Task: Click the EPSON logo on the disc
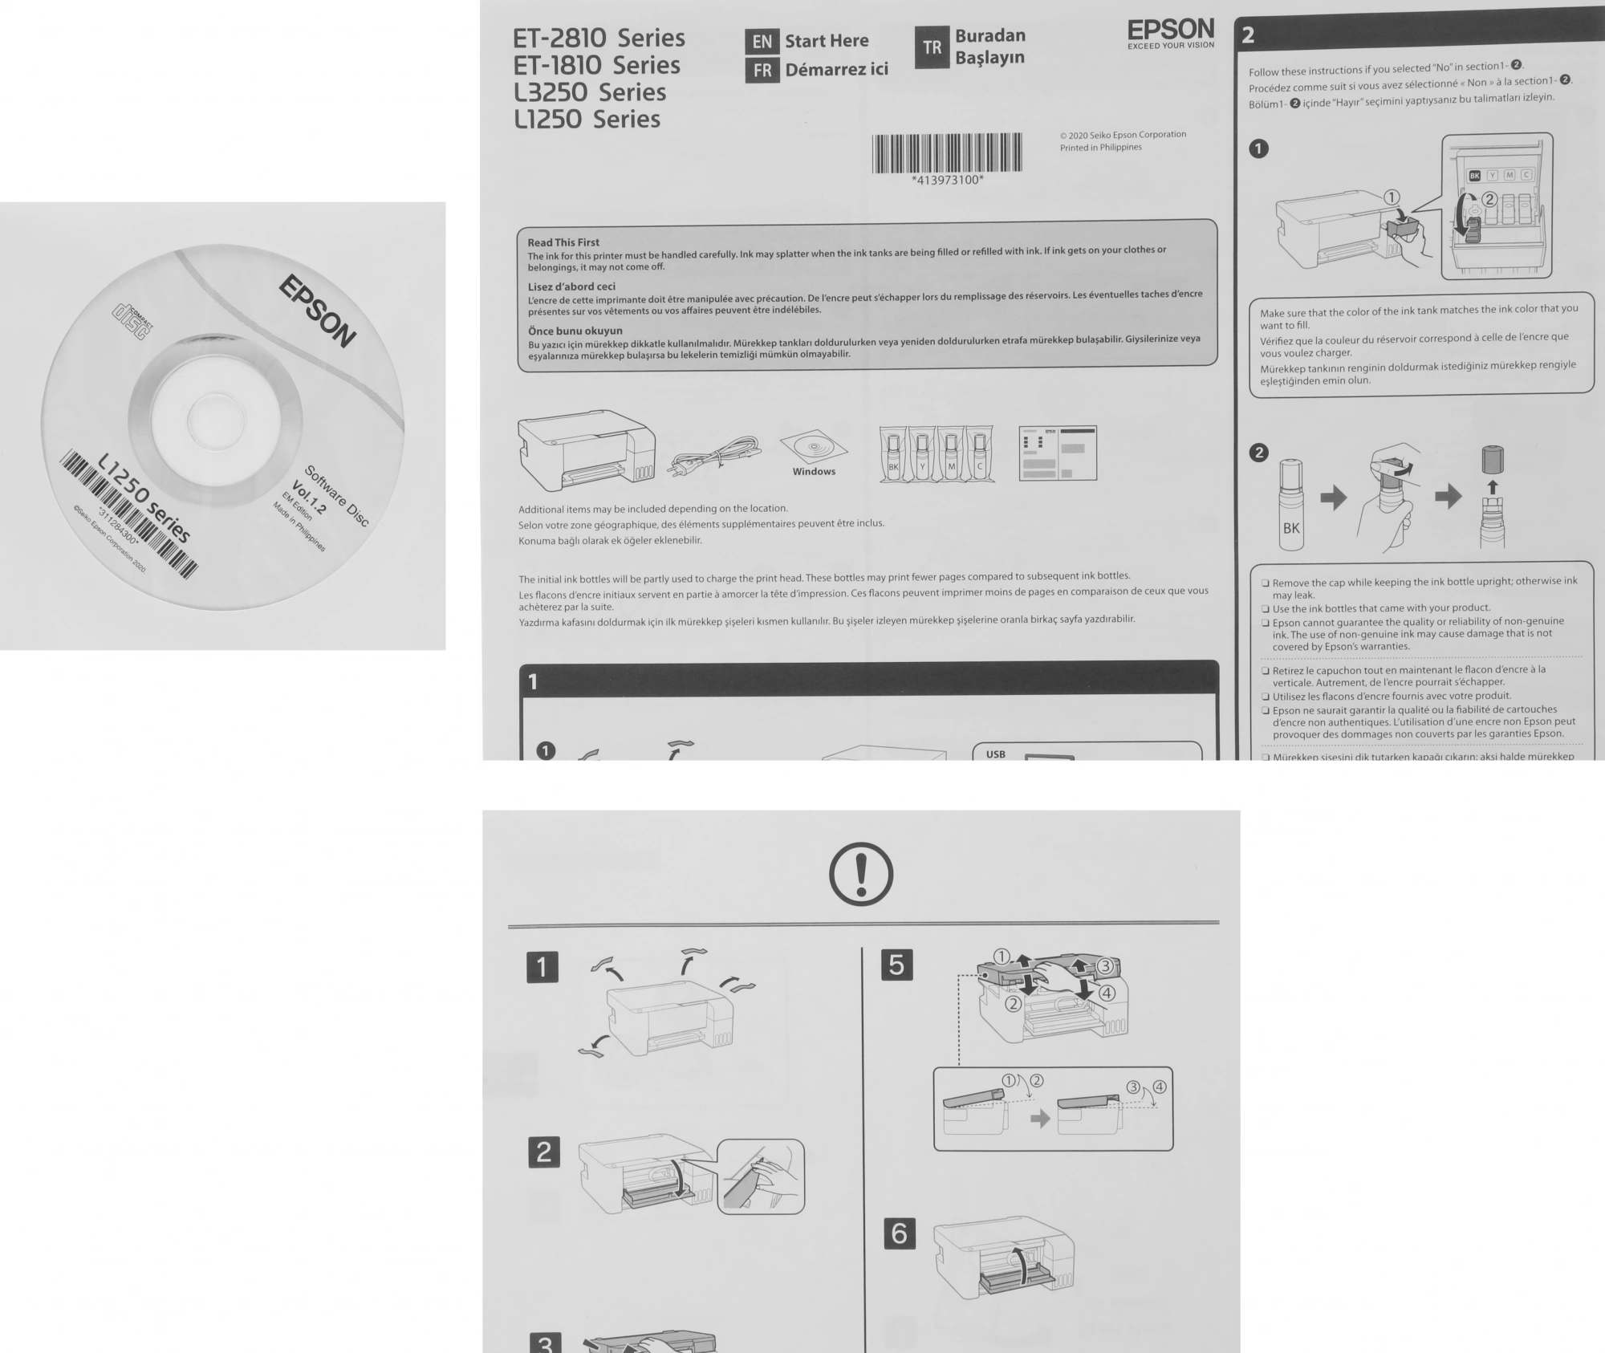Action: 317,311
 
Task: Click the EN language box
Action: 762,42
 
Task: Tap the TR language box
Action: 932,47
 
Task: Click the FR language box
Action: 762,71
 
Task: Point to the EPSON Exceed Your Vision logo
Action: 1170,34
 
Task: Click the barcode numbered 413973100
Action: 947,154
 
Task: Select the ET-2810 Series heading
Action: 599,39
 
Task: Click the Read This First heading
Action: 563,242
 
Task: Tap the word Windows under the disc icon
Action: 814,472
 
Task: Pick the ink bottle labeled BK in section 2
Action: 1291,506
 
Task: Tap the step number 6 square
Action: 899,1233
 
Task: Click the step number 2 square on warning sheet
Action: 543,1152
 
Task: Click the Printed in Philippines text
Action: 1100,148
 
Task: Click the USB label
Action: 995,754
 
